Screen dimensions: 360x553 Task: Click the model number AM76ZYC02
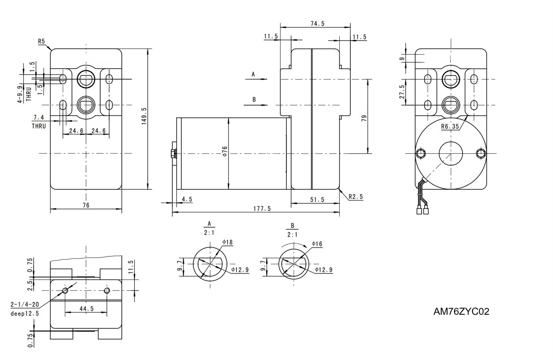461,312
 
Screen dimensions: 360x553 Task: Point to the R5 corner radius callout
41,41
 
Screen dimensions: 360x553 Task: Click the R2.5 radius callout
356,197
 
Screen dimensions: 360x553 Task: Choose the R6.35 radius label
450,126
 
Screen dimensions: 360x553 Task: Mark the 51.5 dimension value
317,199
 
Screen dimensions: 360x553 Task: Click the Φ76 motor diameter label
225,151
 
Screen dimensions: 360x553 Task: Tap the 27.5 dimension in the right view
402,92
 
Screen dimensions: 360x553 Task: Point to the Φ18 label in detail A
227,243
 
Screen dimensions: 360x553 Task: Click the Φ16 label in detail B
317,244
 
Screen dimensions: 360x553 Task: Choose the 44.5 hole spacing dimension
86,309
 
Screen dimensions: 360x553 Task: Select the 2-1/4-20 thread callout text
25,305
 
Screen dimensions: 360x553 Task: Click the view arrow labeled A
256,79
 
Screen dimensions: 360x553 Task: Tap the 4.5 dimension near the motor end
187,199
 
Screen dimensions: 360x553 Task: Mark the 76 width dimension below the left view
86,205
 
